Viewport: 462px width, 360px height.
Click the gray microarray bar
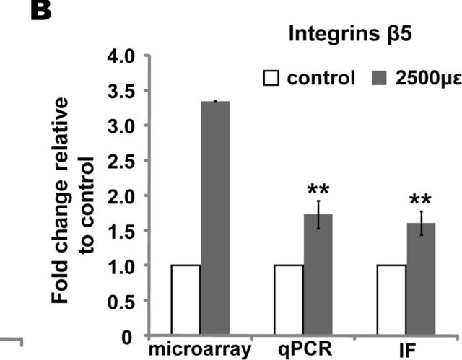coord(215,218)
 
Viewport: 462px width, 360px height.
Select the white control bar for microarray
coord(186,300)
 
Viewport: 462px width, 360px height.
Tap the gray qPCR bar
coord(318,275)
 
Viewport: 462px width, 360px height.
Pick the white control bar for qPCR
coord(289,300)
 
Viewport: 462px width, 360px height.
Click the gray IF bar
coord(421,279)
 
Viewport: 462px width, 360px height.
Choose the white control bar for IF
coord(391,300)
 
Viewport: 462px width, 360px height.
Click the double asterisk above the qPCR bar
coord(318,190)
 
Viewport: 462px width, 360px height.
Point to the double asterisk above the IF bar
coord(420,200)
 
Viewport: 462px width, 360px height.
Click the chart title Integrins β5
coord(350,35)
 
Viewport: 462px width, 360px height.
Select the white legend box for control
coord(271,79)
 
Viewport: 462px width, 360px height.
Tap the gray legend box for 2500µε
coord(379,79)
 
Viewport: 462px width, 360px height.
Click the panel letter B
coord(41,11)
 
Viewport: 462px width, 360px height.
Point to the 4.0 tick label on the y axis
coord(121,56)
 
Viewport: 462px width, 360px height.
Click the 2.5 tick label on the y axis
coord(121,161)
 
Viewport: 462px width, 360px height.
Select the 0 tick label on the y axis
coord(127,338)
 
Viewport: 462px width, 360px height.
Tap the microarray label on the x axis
coord(200,349)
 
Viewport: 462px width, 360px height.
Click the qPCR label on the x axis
coord(305,349)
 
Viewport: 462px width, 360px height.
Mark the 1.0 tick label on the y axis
coord(121,266)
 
